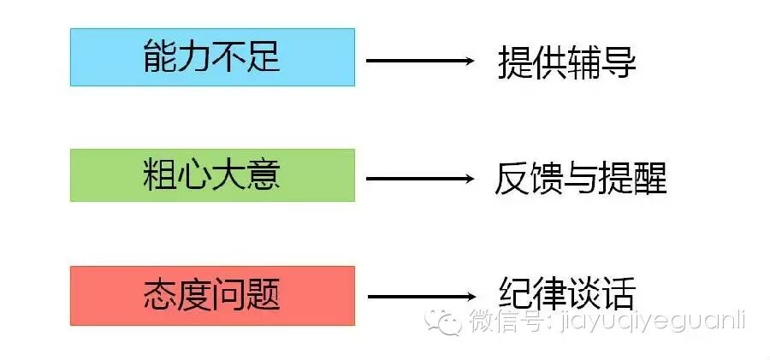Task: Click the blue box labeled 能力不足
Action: pyautogui.click(x=212, y=57)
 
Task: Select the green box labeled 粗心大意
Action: pyautogui.click(x=212, y=176)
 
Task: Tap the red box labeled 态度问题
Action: pyautogui.click(x=212, y=296)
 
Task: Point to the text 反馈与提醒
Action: pyautogui.click(x=580, y=179)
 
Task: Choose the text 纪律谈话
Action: pyautogui.click(x=566, y=293)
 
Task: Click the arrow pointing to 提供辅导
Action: pyautogui.click(x=420, y=61)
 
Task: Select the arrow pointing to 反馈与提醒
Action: pyautogui.click(x=420, y=179)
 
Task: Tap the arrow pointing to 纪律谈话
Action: pyautogui.click(x=420, y=297)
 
